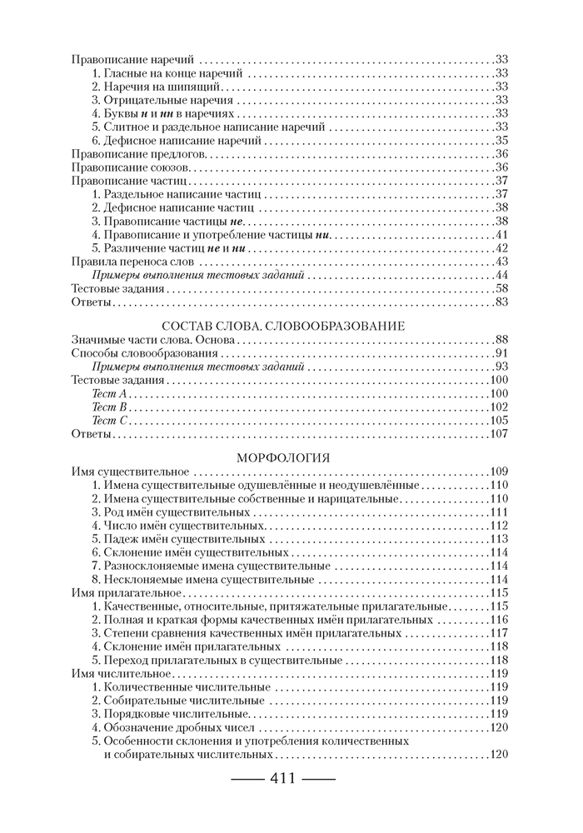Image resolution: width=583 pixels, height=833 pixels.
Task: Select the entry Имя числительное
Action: coord(122,672)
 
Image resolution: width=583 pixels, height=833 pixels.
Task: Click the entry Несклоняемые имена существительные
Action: coord(202,578)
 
